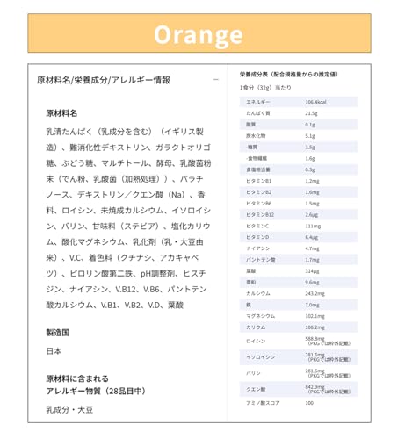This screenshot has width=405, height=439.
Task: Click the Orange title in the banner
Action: click(x=198, y=33)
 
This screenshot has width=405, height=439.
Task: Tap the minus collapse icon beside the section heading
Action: click(x=216, y=80)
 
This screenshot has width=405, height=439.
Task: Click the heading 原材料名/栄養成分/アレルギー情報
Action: click(x=104, y=80)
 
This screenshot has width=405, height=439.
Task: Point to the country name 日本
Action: click(x=54, y=351)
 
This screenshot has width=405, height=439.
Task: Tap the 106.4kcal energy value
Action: click(x=316, y=103)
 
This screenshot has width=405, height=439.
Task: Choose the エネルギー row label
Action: click(x=258, y=103)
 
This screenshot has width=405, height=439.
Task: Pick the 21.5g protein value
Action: click(x=311, y=113)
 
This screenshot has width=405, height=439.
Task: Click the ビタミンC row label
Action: click(x=259, y=226)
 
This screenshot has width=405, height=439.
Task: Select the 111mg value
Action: click(x=312, y=226)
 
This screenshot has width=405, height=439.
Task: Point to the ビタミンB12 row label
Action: click(x=261, y=214)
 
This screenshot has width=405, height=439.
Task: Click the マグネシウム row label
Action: click(x=261, y=316)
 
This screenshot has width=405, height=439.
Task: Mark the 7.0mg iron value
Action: click(x=312, y=305)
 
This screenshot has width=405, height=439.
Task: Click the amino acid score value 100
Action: click(x=309, y=403)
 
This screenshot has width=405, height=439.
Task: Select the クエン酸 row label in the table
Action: click(x=256, y=388)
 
